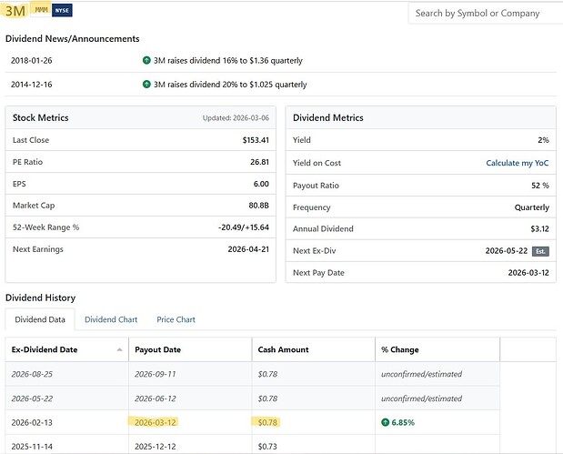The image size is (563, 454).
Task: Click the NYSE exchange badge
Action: (62, 10)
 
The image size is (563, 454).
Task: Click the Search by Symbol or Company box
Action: (486, 14)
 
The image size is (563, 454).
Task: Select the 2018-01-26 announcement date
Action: (32, 60)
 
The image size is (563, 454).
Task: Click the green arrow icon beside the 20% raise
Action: (146, 85)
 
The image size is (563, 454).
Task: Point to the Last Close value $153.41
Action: (256, 140)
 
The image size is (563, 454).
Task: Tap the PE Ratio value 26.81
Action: (259, 162)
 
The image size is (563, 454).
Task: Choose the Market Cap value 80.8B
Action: (259, 206)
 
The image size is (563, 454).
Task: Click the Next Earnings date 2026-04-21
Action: (248, 249)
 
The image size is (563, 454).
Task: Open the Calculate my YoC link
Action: (518, 163)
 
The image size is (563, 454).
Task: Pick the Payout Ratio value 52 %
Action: (540, 186)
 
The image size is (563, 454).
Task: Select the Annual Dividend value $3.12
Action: (540, 228)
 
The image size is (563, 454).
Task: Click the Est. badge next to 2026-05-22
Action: (541, 251)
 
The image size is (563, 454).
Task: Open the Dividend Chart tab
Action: (111, 319)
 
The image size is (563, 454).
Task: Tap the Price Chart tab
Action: (176, 319)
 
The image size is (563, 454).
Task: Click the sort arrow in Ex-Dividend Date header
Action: (119, 350)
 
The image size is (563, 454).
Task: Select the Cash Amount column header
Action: (283, 349)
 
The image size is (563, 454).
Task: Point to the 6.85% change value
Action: (403, 422)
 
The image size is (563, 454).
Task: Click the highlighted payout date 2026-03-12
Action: (156, 422)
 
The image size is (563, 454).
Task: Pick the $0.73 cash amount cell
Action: (267, 447)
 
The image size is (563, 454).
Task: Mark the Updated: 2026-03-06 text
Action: (236, 117)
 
